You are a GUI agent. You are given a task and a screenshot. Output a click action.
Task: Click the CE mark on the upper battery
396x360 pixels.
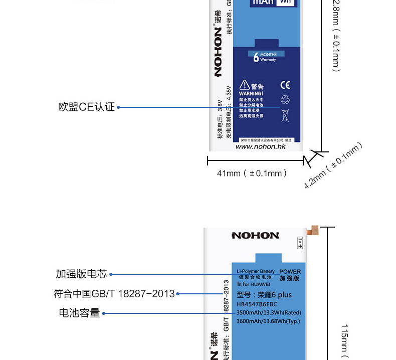pos(285,85)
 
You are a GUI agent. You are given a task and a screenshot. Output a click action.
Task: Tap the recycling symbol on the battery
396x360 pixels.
pos(285,99)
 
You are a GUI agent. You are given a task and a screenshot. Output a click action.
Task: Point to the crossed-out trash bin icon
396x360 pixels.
pos(285,115)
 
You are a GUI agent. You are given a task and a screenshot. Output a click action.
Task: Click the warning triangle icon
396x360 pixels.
pos(244,85)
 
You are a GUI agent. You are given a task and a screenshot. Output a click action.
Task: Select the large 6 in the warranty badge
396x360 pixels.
pos(256,57)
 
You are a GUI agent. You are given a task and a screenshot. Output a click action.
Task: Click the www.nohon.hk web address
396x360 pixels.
pos(260,146)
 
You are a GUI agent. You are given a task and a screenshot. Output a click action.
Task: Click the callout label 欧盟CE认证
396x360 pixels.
pos(87,107)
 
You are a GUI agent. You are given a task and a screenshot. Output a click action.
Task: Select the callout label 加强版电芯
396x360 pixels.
pos(81,274)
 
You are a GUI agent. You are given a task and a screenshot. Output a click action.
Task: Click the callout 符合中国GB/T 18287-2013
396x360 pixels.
pos(114,294)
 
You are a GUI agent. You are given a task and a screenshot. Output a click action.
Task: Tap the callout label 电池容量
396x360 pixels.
pos(79,313)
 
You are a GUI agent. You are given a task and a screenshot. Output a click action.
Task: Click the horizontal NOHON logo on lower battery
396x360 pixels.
pos(255,235)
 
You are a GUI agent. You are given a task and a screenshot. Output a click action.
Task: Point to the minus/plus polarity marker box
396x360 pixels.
pos(300,243)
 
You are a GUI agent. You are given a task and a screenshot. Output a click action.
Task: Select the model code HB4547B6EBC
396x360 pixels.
pos(257,304)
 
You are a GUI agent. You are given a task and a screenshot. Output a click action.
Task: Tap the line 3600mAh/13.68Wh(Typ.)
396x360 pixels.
pos(268,321)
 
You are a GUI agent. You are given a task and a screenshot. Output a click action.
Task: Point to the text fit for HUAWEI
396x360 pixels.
pos(251,284)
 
